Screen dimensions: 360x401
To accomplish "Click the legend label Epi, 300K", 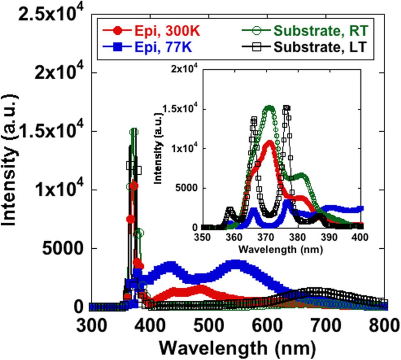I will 167,31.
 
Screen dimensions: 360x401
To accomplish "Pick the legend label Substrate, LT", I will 320,47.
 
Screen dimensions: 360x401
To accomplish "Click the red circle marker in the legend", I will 117,31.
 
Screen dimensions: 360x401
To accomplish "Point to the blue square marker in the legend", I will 117,47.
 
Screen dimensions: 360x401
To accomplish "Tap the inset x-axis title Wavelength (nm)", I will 280,249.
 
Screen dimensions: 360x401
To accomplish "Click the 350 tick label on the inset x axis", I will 203,237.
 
